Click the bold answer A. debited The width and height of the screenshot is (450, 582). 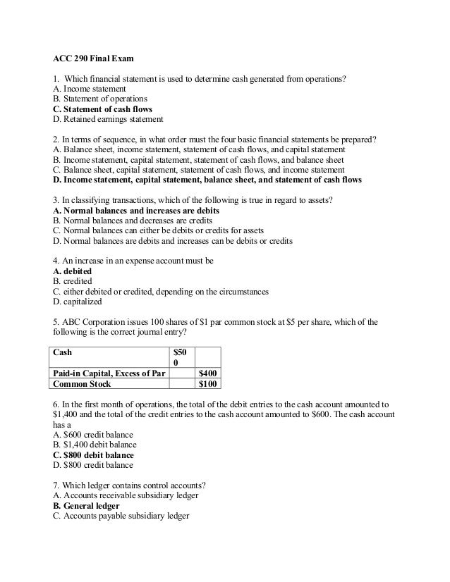click(x=73, y=271)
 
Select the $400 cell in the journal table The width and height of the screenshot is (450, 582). click(x=208, y=373)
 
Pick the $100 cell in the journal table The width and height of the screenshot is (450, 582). click(x=208, y=384)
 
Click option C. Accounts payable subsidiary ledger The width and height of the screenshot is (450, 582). click(x=121, y=516)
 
